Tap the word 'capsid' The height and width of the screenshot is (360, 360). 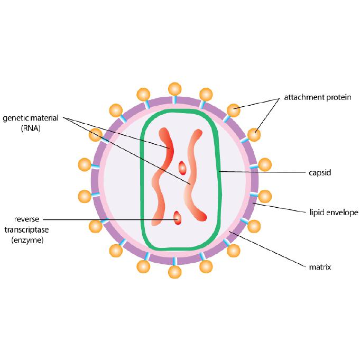320,172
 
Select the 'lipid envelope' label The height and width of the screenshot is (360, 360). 334,213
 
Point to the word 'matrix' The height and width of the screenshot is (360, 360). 320,267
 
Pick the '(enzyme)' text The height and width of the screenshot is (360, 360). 29,240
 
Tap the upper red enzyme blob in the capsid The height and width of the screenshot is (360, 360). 182,168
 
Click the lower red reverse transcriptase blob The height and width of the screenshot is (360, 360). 178,217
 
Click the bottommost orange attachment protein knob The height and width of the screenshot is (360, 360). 174,272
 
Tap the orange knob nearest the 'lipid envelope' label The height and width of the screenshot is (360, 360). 264,197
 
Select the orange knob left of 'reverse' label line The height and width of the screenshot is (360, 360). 96,227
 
